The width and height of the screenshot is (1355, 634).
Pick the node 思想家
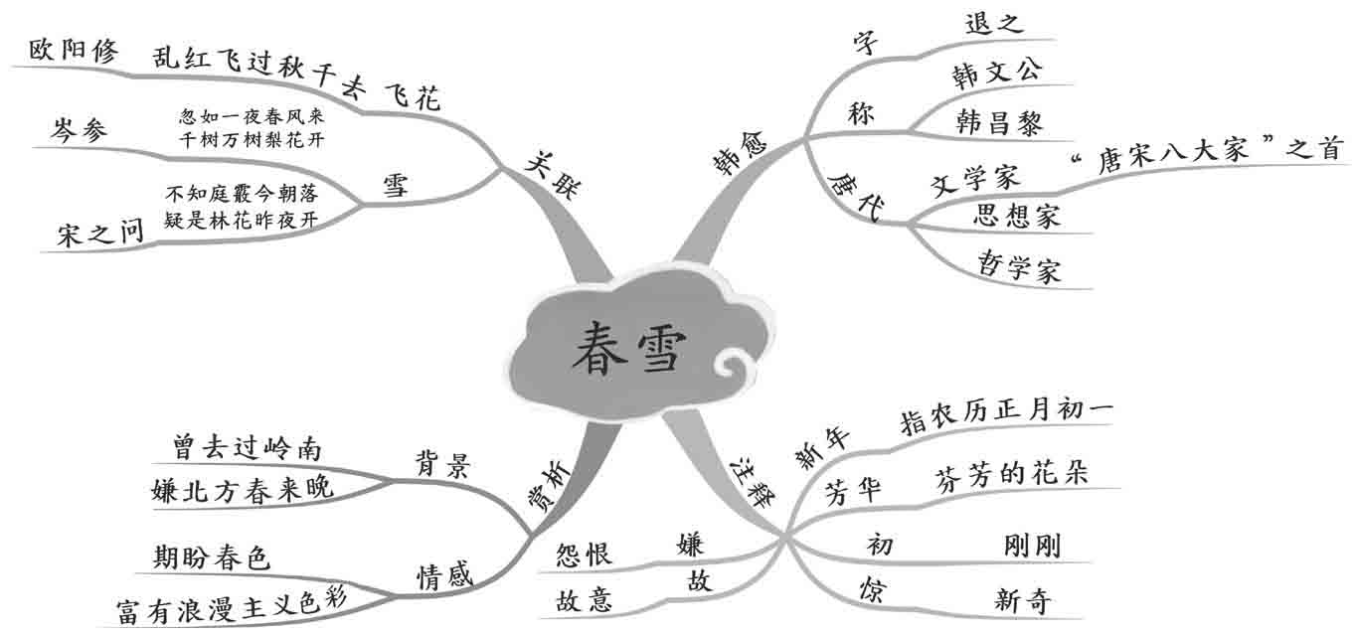(x=1017, y=216)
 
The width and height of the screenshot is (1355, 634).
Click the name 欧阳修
(x=74, y=51)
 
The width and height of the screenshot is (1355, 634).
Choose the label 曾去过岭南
(x=247, y=447)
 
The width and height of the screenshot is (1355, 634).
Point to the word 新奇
(x=1022, y=600)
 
